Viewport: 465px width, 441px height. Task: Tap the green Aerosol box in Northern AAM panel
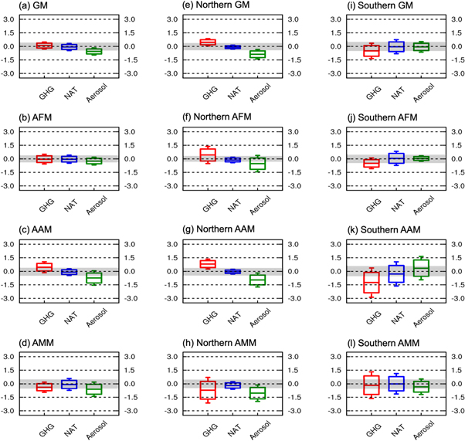pyautogui.click(x=256, y=280)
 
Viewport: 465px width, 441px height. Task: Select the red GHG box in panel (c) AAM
pyautogui.click(x=43, y=267)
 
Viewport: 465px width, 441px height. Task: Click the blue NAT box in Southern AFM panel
pyautogui.click(x=397, y=159)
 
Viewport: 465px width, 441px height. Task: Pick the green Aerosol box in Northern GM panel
pyautogui.click(x=256, y=54)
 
